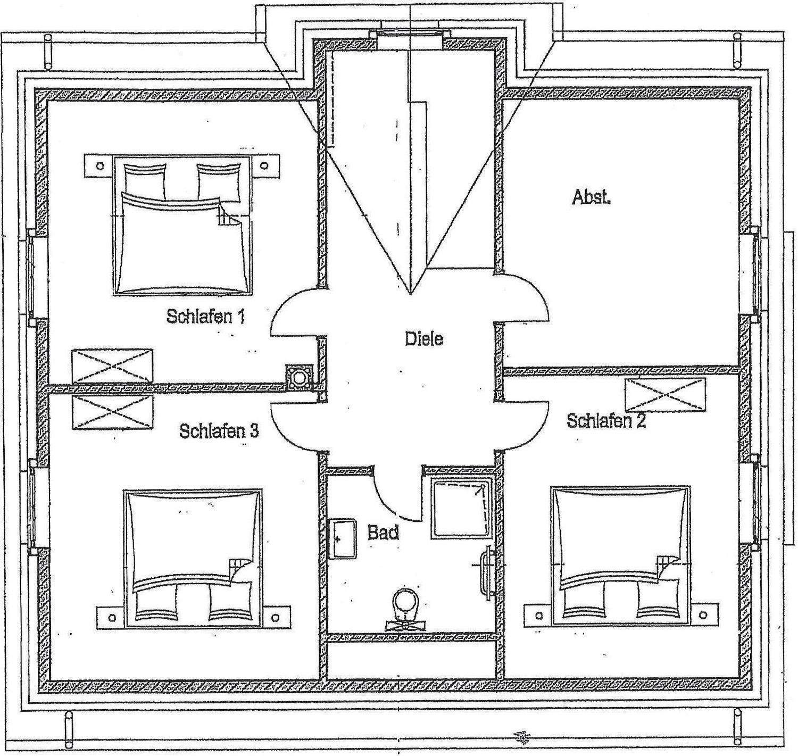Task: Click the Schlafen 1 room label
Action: [x=206, y=316]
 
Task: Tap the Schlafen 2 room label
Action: [x=606, y=420]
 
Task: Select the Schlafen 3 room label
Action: [x=219, y=431]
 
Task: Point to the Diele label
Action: [x=424, y=338]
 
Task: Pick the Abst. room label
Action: [x=591, y=197]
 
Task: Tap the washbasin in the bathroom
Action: [x=342, y=539]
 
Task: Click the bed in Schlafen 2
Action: [x=620, y=556]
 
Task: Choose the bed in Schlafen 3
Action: [x=193, y=560]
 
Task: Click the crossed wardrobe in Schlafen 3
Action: [x=112, y=412]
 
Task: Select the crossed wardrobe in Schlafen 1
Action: [x=112, y=366]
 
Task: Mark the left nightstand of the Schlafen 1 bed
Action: [x=99, y=165]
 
